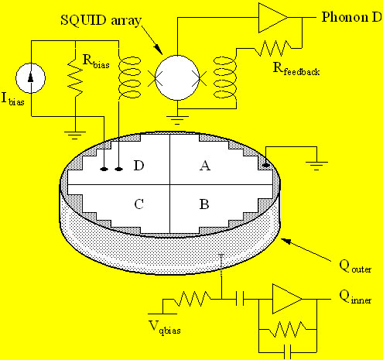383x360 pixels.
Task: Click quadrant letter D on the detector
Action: click(138, 165)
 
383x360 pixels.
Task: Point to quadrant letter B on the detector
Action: click(205, 205)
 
